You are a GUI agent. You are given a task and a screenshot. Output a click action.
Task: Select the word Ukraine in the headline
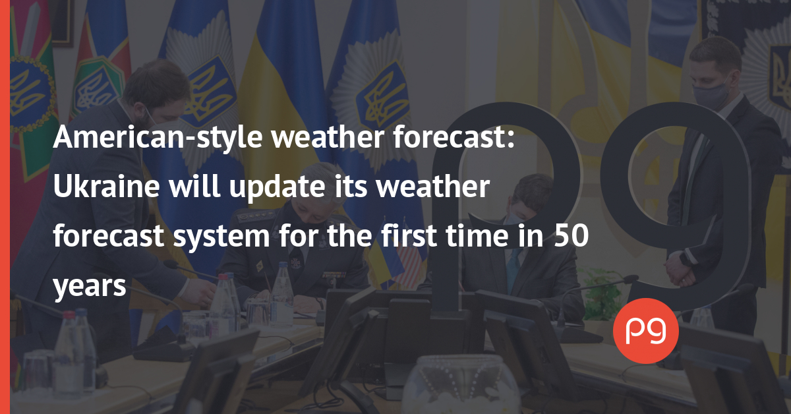pyautogui.click(x=106, y=186)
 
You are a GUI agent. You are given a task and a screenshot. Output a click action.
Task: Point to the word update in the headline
pyautogui.click(x=278, y=187)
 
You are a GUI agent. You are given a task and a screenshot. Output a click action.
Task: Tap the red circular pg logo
pyautogui.click(x=646, y=331)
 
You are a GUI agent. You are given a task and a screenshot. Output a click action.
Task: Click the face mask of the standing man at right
pyautogui.click(x=710, y=94)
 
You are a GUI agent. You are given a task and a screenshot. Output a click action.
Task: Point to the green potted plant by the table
pyautogui.click(x=602, y=293)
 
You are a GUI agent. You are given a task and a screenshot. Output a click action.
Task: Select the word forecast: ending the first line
pyautogui.click(x=454, y=136)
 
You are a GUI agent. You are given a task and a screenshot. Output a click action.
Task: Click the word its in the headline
pyautogui.click(x=351, y=186)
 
